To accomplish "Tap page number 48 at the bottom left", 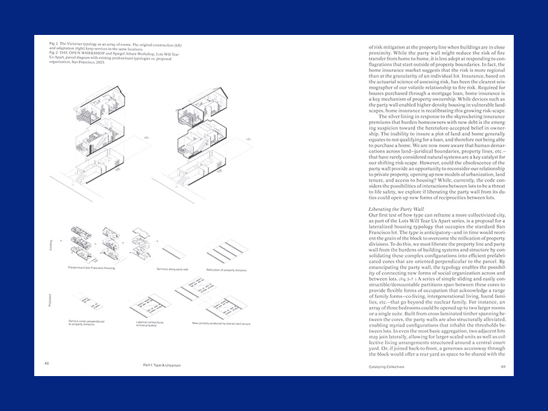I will tap(46, 364).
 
